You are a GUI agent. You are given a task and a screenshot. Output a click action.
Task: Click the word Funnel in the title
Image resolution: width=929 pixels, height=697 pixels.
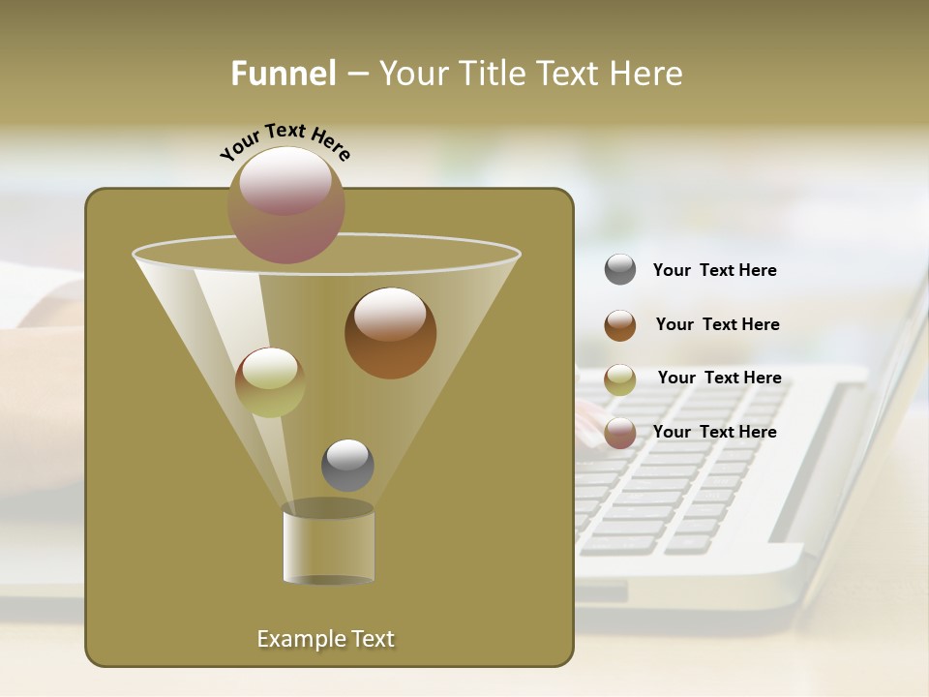pos(283,74)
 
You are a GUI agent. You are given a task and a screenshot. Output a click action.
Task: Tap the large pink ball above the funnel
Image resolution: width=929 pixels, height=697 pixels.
pos(285,204)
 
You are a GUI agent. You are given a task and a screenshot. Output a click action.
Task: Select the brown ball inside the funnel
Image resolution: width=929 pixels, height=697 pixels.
pos(390,332)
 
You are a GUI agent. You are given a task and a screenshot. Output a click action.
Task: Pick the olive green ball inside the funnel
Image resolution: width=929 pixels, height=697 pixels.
pos(270,381)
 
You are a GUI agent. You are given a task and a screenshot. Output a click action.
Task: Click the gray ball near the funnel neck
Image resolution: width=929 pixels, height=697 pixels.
pos(347,465)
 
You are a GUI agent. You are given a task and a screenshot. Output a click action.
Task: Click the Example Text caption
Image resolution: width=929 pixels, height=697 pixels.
pos(325,639)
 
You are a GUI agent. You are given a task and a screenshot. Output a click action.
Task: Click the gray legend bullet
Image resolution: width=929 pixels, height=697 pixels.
pos(620,269)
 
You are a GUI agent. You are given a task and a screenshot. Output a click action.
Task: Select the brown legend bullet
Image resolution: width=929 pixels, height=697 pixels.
pos(620,324)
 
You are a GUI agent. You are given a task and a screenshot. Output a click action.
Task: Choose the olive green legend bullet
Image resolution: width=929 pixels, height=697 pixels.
pos(620,379)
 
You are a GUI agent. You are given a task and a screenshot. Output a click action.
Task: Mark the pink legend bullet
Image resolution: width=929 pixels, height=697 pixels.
pos(620,433)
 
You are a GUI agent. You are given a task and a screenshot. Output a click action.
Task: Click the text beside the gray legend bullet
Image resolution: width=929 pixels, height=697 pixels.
pos(714,270)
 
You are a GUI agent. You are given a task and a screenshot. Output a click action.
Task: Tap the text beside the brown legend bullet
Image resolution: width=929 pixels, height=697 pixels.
pos(717,324)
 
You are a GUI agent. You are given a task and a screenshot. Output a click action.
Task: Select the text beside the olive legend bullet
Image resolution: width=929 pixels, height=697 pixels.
pos(719,378)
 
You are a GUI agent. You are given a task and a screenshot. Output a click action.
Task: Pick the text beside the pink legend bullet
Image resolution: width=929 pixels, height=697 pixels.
pos(714,432)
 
